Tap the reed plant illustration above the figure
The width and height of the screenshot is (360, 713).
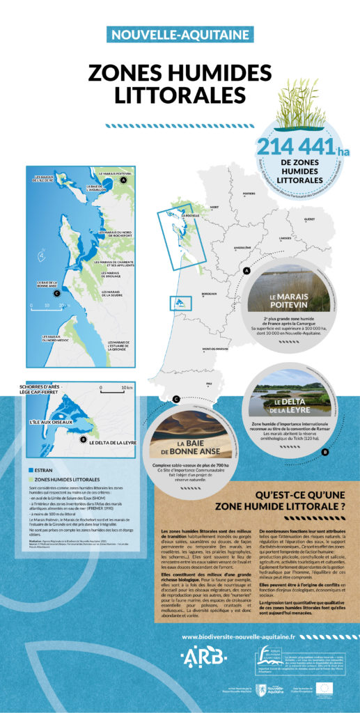coord(301,105)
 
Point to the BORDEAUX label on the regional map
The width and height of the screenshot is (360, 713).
coord(210,294)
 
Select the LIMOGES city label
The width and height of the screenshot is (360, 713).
coord(285,238)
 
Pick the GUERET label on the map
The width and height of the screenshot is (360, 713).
coord(309,219)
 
